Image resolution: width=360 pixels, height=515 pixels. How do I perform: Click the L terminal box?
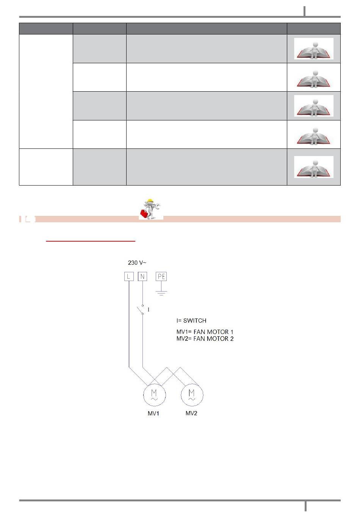(129, 276)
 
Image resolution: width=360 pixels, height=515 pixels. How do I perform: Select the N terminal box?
(142, 276)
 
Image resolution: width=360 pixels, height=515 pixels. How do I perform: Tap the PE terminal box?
(161, 276)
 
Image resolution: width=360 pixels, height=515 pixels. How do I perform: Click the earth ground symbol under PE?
(161, 293)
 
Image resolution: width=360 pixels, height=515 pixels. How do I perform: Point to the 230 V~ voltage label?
(137, 262)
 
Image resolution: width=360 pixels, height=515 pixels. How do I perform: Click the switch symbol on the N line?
(141, 309)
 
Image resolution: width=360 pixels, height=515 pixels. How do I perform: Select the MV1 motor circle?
(154, 395)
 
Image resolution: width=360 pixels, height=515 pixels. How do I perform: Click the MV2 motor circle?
(192, 395)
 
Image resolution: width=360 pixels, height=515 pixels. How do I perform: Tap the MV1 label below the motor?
(153, 414)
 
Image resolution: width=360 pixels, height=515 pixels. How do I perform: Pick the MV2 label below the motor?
(191, 413)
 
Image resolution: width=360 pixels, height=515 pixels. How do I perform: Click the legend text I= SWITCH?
(191, 320)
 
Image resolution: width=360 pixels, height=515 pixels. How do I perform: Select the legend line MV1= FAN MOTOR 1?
(205, 332)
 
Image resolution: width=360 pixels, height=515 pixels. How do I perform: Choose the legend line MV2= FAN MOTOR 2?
(205, 339)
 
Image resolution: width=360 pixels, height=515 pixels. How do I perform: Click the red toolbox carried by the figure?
(144, 214)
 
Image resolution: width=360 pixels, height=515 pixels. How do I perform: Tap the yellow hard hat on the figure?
(150, 201)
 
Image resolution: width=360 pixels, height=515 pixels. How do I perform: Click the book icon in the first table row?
(313, 49)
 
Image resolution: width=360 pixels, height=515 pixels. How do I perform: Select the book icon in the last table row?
(313, 167)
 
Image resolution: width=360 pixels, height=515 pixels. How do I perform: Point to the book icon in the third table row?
(313, 106)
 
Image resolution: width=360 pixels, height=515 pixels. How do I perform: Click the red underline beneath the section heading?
(91, 241)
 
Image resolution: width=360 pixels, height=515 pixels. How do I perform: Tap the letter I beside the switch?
(149, 310)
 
